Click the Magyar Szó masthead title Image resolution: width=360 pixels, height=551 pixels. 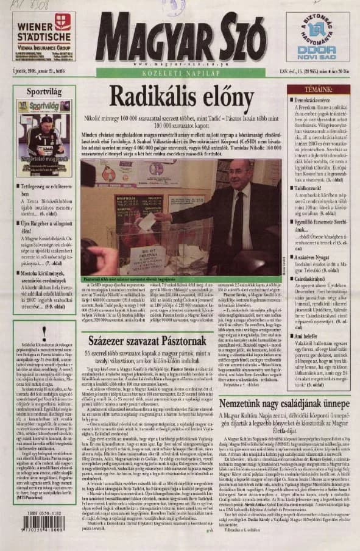[x=180, y=36]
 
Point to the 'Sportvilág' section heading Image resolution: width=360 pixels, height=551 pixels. [x=44, y=91]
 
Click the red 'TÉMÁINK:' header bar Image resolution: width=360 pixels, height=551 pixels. [x=318, y=89]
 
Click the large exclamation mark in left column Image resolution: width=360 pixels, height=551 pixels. [x=44, y=332]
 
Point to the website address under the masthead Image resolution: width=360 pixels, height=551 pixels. [x=180, y=64]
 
